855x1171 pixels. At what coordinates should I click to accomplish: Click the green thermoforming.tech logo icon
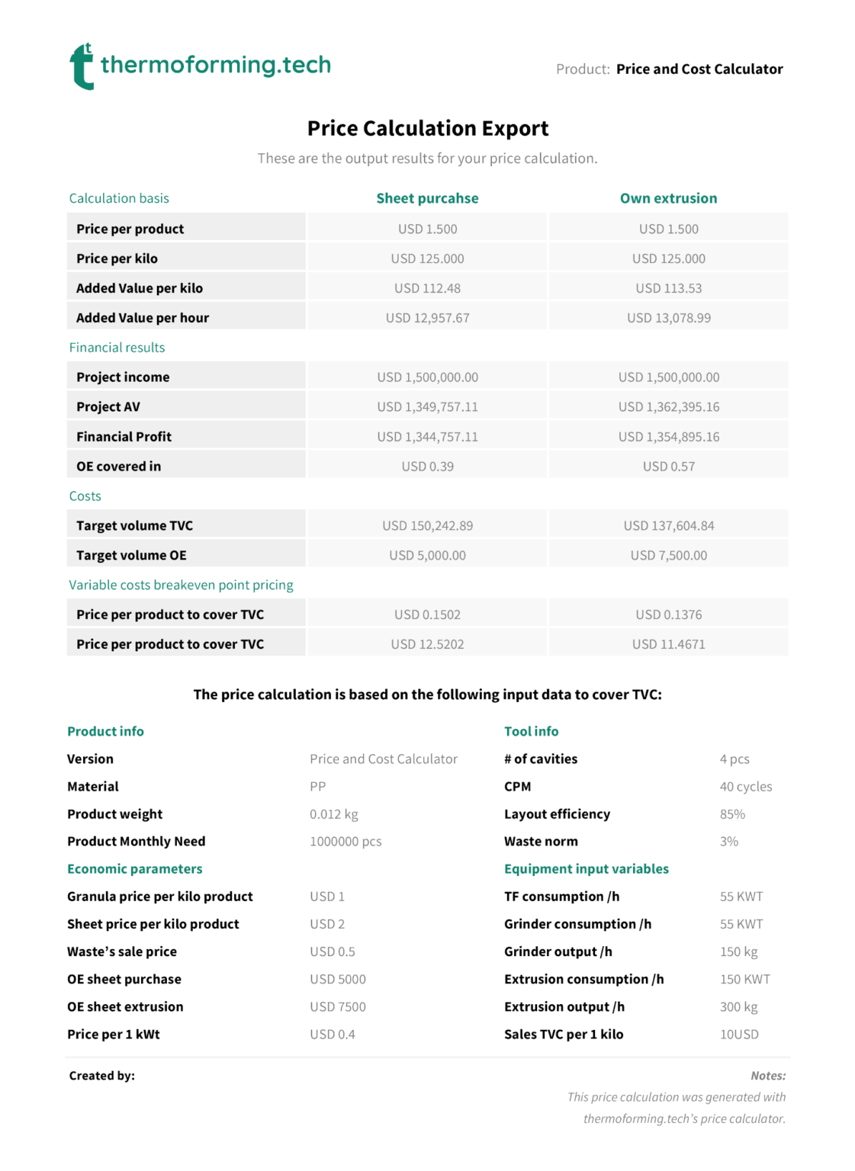tap(82, 66)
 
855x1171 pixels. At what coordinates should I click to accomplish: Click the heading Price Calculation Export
tap(427, 128)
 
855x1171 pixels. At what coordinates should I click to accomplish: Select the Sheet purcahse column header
tap(427, 198)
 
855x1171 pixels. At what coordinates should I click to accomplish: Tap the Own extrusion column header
tap(668, 198)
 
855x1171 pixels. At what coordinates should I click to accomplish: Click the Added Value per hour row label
tap(143, 318)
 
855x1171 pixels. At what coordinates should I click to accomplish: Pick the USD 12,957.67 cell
tap(427, 318)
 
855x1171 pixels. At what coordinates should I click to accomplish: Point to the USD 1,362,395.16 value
tap(668, 407)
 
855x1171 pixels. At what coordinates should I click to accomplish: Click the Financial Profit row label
tap(124, 437)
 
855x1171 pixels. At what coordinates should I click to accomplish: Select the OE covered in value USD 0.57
tap(668, 467)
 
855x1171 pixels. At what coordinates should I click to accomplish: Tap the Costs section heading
tap(85, 496)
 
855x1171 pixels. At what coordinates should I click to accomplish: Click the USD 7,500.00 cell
tap(668, 556)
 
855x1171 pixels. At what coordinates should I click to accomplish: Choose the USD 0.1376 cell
tap(668, 614)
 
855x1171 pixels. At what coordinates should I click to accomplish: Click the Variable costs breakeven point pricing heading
tap(181, 585)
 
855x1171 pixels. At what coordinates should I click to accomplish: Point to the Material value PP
tap(317, 787)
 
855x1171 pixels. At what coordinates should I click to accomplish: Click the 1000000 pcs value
tap(346, 842)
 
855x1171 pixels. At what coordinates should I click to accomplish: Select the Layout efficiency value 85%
tap(732, 814)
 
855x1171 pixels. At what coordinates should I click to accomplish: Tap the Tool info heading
tap(531, 731)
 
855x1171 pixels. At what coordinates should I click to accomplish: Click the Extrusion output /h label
tap(564, 1007)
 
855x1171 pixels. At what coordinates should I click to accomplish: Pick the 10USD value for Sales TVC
tap(739, 1035)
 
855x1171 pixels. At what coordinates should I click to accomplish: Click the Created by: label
tap(101, 1076)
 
